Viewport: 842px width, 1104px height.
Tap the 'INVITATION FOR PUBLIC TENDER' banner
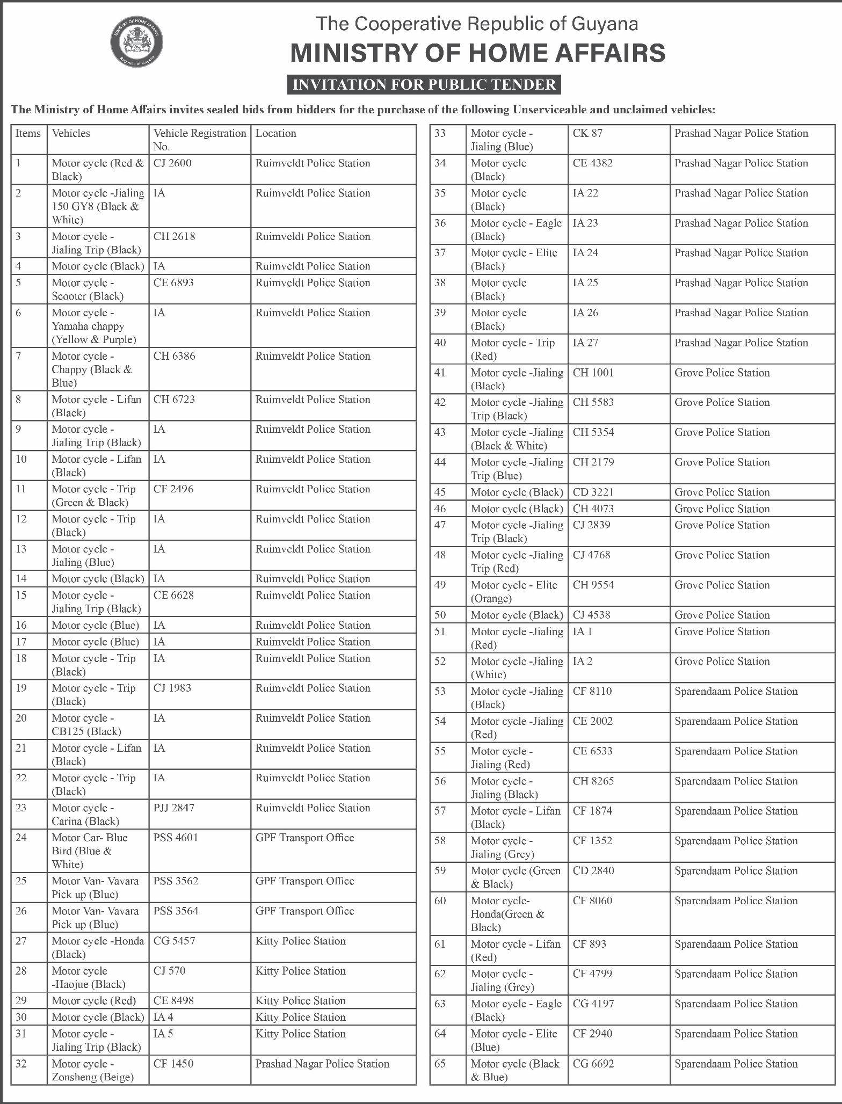point(424,85)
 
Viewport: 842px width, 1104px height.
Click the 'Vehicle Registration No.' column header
point(199,140)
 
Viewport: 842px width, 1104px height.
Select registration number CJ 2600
point(172,163)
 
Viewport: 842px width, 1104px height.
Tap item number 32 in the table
point(21,1064)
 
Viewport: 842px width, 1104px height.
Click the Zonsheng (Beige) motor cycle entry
point(92,1070)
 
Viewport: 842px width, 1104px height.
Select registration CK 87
point(587,133)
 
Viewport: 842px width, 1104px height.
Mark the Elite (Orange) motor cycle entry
point(514,592)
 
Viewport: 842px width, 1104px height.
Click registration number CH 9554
point(593,585)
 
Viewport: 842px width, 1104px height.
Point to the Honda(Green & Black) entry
point(507,914)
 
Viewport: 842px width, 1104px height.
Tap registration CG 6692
point(593,1064)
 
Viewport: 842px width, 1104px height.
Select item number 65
point(440,1064)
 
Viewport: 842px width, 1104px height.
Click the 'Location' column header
point(275,133)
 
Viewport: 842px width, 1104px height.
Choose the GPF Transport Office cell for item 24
point(304,838)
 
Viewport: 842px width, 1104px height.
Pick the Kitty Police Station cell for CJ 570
point(300,971)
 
